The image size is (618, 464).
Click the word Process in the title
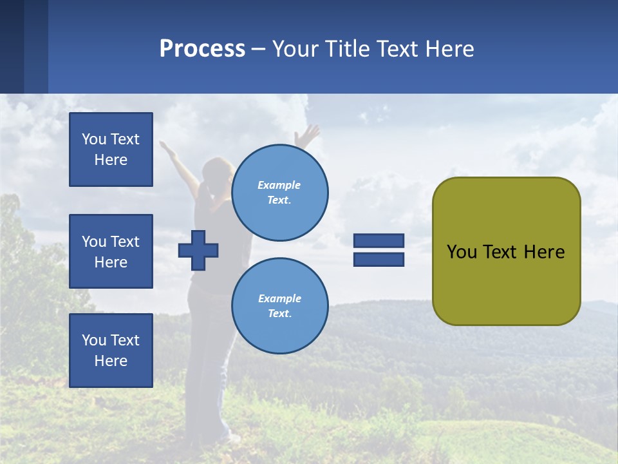coord(202,49)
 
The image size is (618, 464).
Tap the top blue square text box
coord(111,150)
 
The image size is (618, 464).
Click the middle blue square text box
coord(111,251)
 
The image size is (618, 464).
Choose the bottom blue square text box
coord(111,350)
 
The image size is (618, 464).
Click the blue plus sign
coord(198,250)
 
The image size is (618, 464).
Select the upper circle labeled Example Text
coord(279,193)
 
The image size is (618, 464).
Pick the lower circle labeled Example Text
coord(279,306)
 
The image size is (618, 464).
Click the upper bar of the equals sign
coord(379,240)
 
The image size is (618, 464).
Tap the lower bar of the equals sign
coord(379,259)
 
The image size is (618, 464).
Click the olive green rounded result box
coord(506,251)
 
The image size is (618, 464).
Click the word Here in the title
coord(449,49)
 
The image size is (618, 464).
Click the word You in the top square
coord(94,139)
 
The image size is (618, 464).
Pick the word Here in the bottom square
coord(111,361)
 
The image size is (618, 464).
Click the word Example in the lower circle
coord(279,299)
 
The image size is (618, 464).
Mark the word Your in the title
coord(295,49)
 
